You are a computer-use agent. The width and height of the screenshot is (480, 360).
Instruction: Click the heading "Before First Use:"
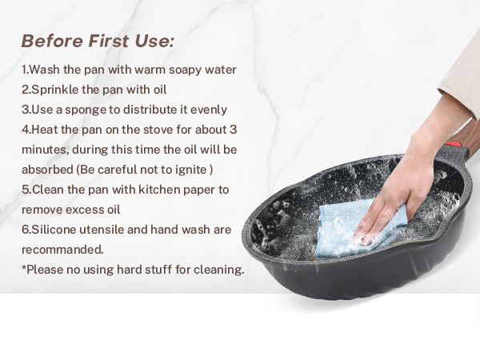(x=98, y=41)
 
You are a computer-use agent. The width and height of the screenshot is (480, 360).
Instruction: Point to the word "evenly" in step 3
(x=207, y=110)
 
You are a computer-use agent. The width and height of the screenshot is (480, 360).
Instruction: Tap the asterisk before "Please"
(x=24, y=268)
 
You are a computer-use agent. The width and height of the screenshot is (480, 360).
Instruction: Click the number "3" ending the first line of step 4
(x=233, y=130)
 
